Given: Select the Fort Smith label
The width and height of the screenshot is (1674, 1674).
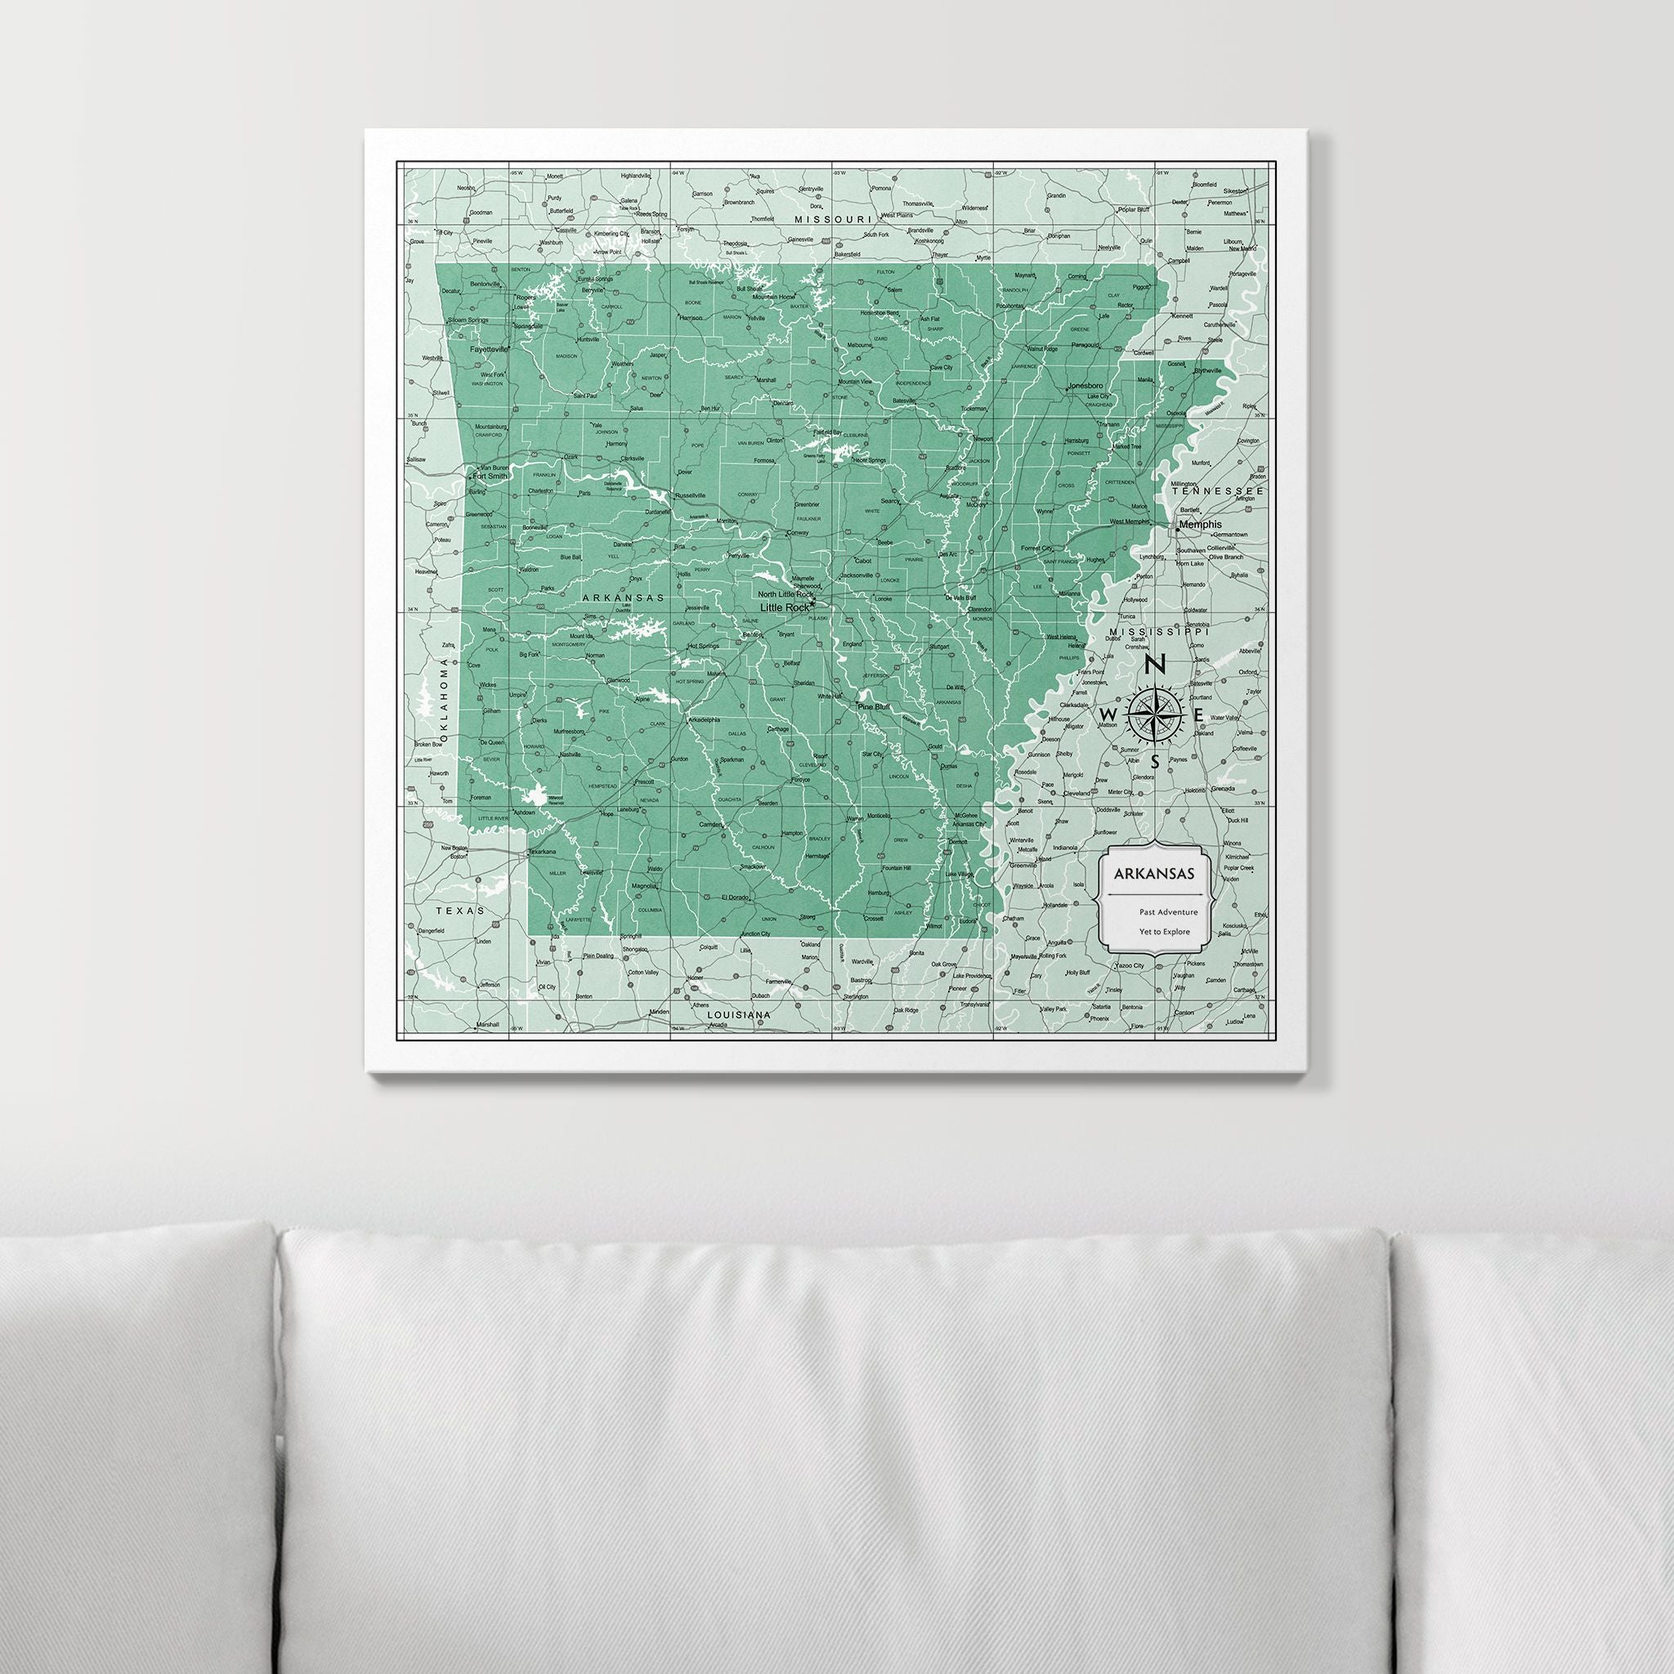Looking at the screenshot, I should point(490,476).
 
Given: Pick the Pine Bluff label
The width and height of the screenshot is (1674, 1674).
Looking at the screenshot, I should point(874,707).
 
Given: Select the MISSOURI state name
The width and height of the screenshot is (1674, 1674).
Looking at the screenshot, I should point(832,220).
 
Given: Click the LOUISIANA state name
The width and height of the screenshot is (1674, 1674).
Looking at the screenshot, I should point(739,1014).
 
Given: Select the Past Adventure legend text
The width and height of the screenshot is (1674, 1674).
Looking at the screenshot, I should point(1169,911).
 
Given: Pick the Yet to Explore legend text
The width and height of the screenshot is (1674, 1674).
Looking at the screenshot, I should point(1165,933).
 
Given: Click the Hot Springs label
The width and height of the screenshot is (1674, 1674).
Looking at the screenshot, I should point(702,647).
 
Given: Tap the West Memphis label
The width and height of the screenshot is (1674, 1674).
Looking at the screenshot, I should point(1129,521).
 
